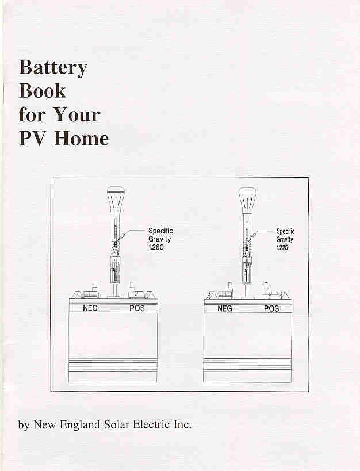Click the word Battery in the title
(53, 68)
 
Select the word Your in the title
(77, 114)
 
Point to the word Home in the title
(81, 138)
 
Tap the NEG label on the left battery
(90, 308)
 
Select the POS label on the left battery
(137, 308)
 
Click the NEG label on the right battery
(225, 308)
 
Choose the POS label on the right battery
(271, 308)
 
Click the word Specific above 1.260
(160, 231)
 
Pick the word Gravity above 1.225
(285, 239)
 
